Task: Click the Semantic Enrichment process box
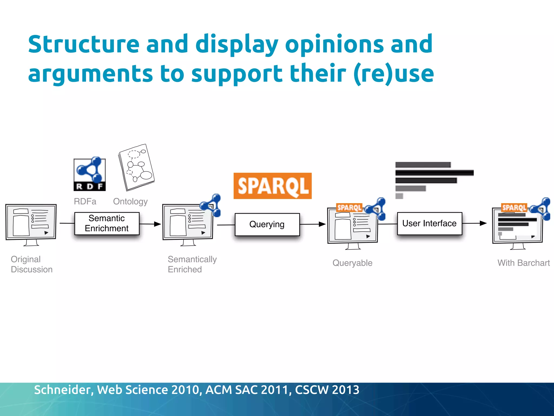point(107,223)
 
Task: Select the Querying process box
point(267,225)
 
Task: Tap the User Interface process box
point(429,223)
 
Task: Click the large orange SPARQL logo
point(272,186)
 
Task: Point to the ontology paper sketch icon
point(136,168)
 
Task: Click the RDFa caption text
point(85,201)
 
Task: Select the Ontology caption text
point(130,201)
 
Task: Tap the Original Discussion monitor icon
point(31,224)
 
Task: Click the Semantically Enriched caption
point(192,264)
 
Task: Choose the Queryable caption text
point(352,263)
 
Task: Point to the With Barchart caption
point(523,263)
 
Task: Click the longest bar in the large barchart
point(434,173)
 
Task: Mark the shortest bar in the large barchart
point(399,196)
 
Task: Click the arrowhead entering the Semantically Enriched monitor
point(157,224)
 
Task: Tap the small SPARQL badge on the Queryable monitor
point(349,207)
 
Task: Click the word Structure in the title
point(84,44)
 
